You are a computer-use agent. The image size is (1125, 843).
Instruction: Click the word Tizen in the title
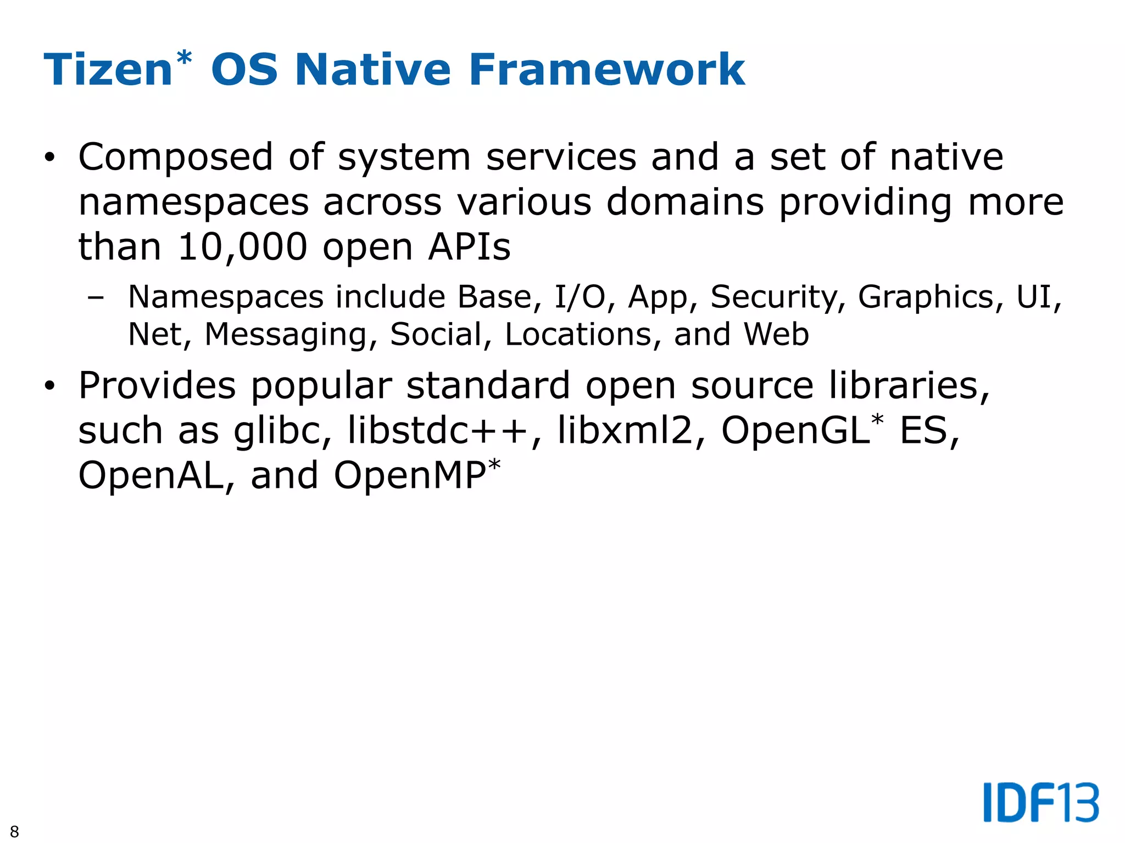108,70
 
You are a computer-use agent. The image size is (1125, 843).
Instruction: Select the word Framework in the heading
606,70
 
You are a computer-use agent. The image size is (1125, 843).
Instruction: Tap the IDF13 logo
1041,802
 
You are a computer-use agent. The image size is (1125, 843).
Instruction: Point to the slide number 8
14,831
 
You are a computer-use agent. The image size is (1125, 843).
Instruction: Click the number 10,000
242,247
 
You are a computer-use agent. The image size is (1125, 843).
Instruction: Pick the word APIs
469,247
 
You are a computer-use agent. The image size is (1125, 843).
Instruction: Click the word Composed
176,158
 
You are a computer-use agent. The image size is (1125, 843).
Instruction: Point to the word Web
776,335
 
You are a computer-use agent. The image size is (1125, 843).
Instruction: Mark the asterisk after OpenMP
494,465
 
